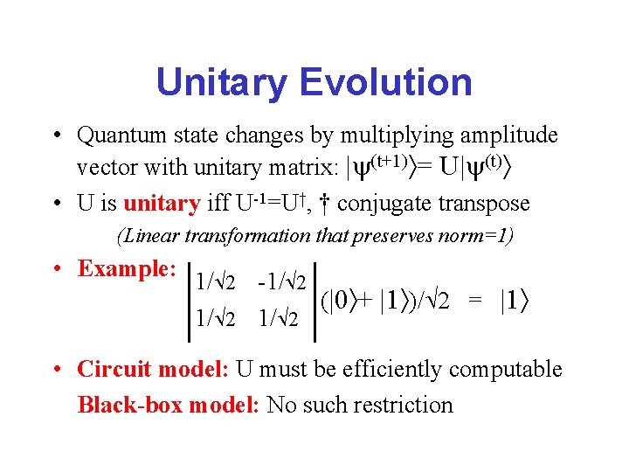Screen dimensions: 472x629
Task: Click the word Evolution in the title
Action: [385, 83]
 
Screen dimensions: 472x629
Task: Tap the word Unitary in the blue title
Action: [223, 83]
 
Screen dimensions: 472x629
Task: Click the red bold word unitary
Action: [162, 204]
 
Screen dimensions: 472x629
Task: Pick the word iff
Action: [218, 204]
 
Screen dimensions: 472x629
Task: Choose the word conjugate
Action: [385, 204]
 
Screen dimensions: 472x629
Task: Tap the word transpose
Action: [484, 204]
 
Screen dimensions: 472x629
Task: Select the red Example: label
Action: [128, 268]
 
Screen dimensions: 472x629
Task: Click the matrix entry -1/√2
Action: [281, 282]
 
